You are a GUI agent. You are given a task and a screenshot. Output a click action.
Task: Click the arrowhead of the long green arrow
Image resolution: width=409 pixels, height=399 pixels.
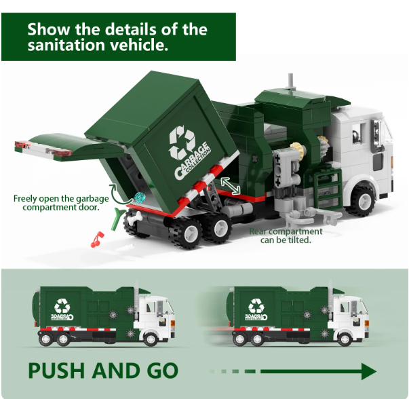coord(368,371)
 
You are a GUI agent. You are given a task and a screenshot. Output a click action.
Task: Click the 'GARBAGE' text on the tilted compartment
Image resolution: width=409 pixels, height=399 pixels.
coord(194,160)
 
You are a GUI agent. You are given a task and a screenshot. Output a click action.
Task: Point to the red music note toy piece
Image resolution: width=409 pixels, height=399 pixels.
coord(96,238)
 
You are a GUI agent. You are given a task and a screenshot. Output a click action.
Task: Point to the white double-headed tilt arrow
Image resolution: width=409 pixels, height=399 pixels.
coord(230,185)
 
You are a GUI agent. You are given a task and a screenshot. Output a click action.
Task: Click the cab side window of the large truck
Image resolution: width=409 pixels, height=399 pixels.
coord(361,136)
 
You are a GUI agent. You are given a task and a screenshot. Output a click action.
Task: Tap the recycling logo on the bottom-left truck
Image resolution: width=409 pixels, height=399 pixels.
coord(62,305)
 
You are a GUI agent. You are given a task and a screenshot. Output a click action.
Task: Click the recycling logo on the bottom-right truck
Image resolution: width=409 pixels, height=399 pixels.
coord(256,305)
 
